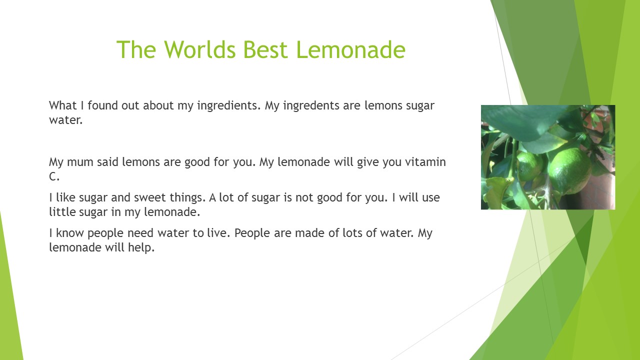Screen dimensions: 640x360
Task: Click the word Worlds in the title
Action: coord(199,49)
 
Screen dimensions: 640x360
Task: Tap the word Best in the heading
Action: coord(265,49)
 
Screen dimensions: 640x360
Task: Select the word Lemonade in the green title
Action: coord(351,49)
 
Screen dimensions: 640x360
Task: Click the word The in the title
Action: coord(136,49)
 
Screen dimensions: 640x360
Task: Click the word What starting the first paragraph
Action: coord(63,105)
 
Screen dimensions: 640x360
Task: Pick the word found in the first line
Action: coord(102,105)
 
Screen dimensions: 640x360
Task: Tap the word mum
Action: coord(80,162)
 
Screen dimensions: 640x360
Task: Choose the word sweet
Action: coord(149,197)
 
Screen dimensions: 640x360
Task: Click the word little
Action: coord(62,211)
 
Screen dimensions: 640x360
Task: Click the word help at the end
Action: coord(141,248)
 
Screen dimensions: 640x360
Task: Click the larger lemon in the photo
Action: coord(569,170)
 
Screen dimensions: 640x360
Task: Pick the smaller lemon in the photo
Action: coord(529,166)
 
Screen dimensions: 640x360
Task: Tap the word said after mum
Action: coord(107,162)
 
